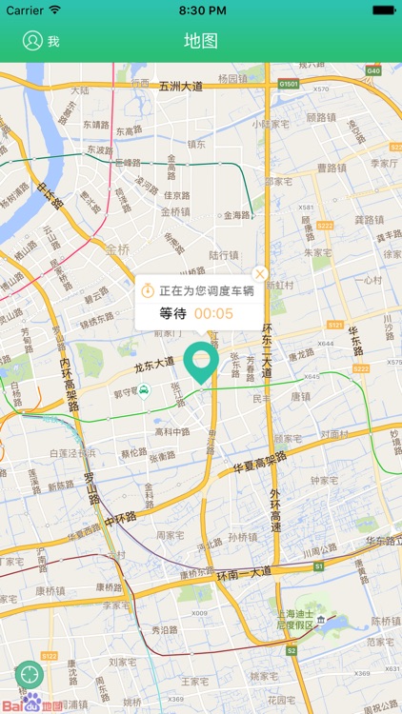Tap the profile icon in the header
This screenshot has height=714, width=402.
(33, 41)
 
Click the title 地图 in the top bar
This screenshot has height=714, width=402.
(201, 41)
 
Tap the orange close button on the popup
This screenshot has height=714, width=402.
(260, 274)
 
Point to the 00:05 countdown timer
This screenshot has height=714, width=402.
(213, 313)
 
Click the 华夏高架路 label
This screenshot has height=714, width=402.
(260, 469)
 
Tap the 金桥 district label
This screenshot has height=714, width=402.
(118, 250)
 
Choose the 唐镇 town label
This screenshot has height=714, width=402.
(301, 396)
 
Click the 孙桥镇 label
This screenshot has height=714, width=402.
(244, 538)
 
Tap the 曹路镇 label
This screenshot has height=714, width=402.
(332, 168)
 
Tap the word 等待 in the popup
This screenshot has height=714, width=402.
(172, 313)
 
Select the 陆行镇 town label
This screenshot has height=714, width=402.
(223, 255)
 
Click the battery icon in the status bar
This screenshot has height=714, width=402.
(383, 10)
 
